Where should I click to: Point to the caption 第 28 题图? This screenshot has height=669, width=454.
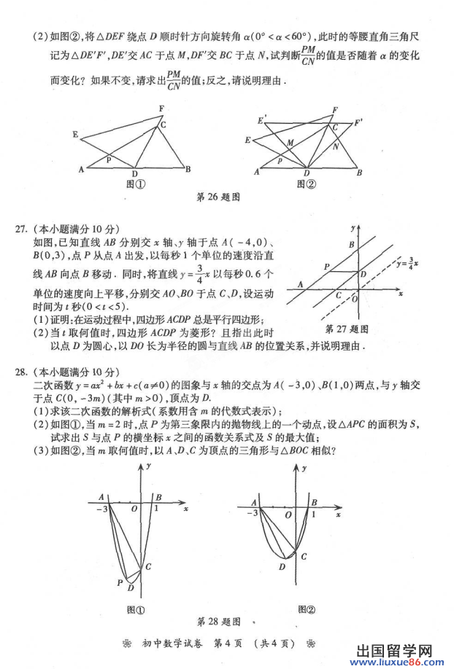[219, 622]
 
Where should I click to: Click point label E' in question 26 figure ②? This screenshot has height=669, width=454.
[261, 118]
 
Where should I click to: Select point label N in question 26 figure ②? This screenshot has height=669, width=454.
[335, 146]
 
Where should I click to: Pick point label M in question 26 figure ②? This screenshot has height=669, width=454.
[291, 142]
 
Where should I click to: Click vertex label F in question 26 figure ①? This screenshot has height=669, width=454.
[161, 109]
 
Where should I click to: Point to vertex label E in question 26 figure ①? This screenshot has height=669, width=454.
[75, 134]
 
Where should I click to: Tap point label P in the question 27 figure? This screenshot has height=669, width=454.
[326, 267]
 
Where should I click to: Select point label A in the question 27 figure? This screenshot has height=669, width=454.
[300, 284]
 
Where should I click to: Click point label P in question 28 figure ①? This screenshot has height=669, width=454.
[120, 582]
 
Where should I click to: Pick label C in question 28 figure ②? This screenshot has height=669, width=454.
[304, 557]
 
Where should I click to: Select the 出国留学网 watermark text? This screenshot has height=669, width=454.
[396, 648]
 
